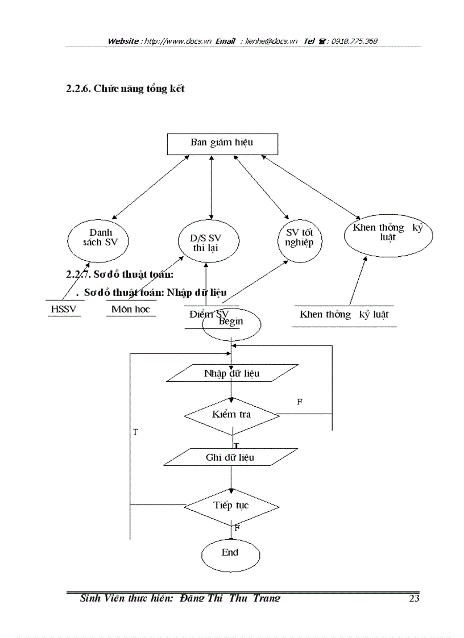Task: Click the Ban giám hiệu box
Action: coord(222,143)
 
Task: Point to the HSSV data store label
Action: coord(63,310)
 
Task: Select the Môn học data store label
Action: coord(131,310)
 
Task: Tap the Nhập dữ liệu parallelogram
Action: coord(231,373)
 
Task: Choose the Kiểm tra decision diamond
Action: coord(231,415)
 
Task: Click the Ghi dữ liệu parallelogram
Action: coord(230,457)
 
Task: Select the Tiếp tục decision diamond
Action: coord(231,506)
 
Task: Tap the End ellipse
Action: coord(230,553)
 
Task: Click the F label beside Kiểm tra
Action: coord(300,402)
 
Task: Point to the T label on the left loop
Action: coord(135,432)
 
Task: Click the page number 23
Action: coord(414,598)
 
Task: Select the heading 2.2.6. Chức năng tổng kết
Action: coord(126,89)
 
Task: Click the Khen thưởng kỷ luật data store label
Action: coord(344,315)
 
